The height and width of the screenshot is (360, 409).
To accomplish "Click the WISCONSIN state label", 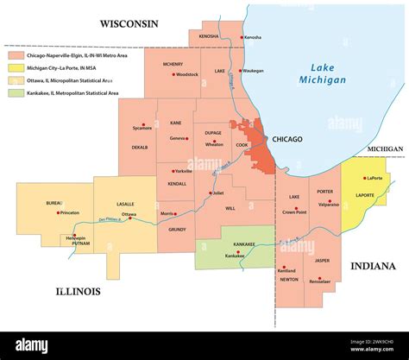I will [129, 23].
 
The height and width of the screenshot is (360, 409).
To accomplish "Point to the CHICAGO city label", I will [287, 138].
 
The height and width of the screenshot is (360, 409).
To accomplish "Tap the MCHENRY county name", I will [173, 63].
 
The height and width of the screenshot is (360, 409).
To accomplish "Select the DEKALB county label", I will [139, 148].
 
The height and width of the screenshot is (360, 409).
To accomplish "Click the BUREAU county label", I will [54, 203].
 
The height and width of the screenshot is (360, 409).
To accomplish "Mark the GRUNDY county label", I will [177, 229].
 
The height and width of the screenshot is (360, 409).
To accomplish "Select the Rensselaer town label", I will [321, 281].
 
